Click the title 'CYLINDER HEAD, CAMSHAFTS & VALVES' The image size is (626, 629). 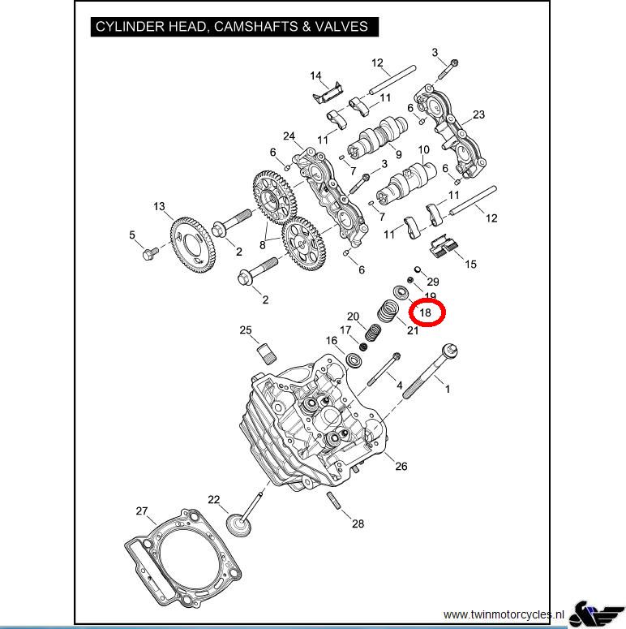tap(231, 27)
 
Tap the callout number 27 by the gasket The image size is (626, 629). tap(142, 511)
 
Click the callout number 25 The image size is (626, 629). tap(246, 330)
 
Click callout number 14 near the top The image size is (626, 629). tap(315, 76)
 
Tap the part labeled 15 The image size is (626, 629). tap(442, 244)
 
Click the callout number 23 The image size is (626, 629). tap(478, 114)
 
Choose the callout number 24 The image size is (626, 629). tap(288, 136)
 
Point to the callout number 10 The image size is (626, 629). tap(423, 151)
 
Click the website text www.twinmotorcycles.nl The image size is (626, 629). tap(504, 614)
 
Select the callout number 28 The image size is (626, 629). tap(358, 523)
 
